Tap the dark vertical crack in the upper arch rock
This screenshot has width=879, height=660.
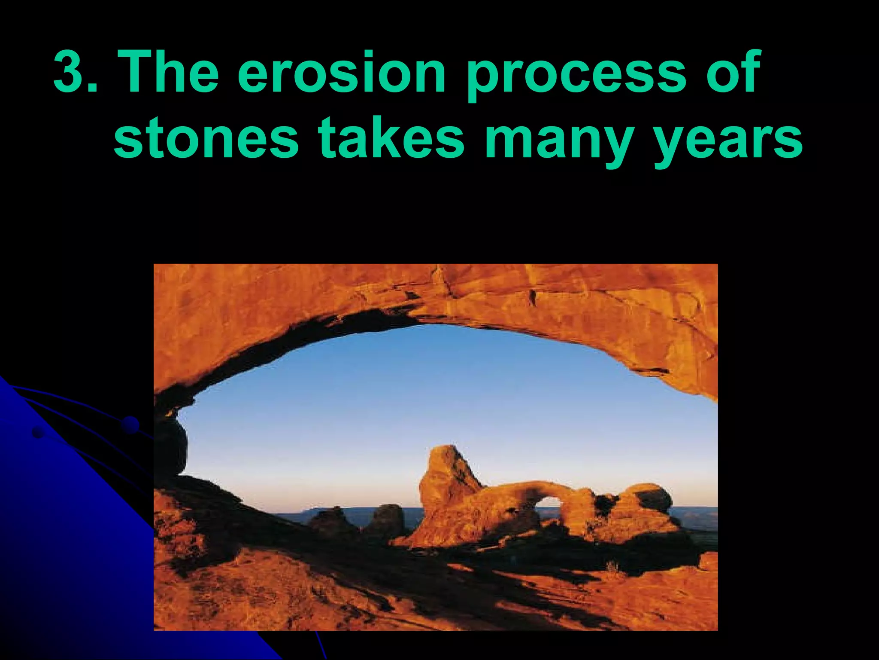533,297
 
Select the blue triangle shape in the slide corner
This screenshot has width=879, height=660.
64,559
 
